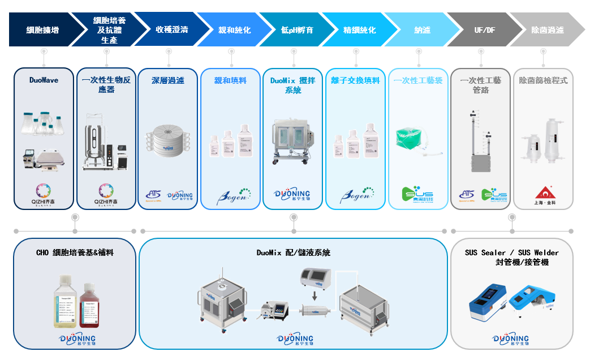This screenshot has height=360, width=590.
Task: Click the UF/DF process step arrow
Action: (x=484, y=30)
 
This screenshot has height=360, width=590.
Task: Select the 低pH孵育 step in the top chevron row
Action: (x=297, y=30)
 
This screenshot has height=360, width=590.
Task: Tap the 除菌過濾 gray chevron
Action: (x=548, y=30)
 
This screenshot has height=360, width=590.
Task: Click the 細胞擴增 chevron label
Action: (x=42, y=30)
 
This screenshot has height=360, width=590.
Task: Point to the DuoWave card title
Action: (x=44, y=80)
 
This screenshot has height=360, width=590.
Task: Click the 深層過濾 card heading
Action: (x=168, y=80)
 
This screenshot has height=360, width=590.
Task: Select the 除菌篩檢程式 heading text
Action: (x=543, y=80)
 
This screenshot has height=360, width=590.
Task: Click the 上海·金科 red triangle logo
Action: (x=543, y=192)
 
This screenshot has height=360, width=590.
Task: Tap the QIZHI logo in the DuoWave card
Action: (x=44, y=192)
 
